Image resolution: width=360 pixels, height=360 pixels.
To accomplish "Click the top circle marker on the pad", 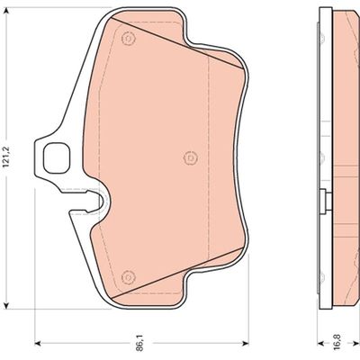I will click(x=128, y=38).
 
